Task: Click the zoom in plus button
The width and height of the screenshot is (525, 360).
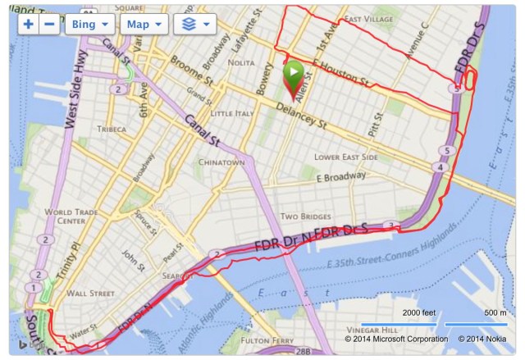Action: (29, 24)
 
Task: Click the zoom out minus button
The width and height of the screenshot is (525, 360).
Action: (49, 24)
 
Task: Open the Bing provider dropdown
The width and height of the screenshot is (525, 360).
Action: (89, 24)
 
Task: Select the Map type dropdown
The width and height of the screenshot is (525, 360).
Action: (144, 24)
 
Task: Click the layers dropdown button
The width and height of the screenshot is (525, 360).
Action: (194, 24)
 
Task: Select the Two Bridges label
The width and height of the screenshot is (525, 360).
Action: (304, 216)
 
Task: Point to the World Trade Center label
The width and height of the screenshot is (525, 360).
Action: (65, 216)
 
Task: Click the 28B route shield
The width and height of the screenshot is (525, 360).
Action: (304, 353)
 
